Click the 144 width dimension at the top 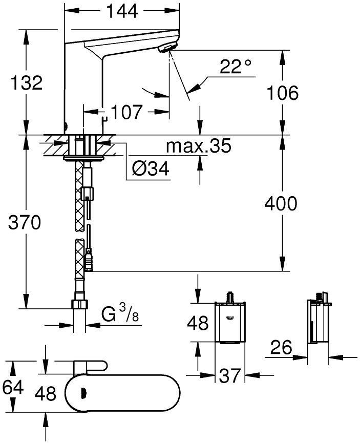click(122, 11)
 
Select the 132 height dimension click(26, 82)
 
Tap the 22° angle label click(236, 66)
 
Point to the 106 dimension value click(283, 93)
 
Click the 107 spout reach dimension click(126, 112)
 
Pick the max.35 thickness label click(198, 145)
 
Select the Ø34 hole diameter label click(151, 168)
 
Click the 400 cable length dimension click(281, 203)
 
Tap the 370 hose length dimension click(25, 222)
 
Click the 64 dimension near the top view click(13, 387)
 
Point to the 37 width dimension click(230, 375)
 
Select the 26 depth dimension click(281, 347)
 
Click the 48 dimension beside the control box click(198, 323)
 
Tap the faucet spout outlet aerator click(167, 47)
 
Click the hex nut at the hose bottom click(79, 304)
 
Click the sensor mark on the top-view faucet click(83, 393)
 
